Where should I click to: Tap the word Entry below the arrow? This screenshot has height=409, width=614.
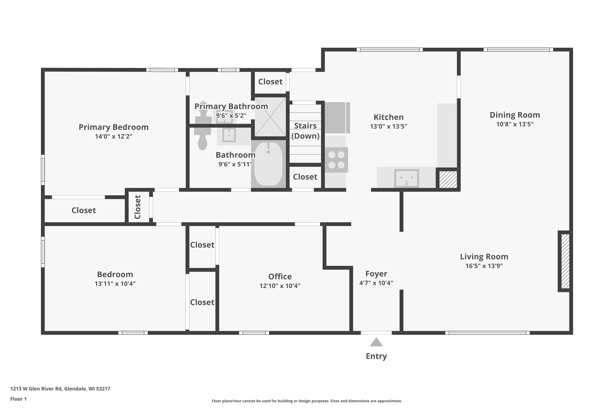(376, 356)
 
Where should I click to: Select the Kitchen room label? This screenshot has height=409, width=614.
(388, 117)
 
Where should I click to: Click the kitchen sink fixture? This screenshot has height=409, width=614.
(406, 178)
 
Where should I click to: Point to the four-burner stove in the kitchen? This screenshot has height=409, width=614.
(336, 160)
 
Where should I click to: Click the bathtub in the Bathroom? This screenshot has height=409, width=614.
(268, 164)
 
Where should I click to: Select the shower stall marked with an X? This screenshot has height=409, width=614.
(270, 117)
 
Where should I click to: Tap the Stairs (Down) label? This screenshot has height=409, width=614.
(305, 131)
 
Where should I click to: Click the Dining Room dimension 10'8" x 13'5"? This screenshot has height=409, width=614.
(515, 124)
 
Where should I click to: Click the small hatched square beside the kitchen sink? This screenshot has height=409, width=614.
(448, 180)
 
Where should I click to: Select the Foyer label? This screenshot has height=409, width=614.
(376, 274)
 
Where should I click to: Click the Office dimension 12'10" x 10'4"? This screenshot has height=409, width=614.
(280, 286)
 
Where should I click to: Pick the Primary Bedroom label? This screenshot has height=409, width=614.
(114, 127)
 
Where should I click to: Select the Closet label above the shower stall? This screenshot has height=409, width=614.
(270, 82)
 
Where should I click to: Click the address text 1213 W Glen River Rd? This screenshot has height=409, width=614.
(60, 389)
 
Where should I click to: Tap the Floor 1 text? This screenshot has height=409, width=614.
(18, 399)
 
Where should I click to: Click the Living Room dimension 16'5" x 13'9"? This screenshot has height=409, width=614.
(484, 266)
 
